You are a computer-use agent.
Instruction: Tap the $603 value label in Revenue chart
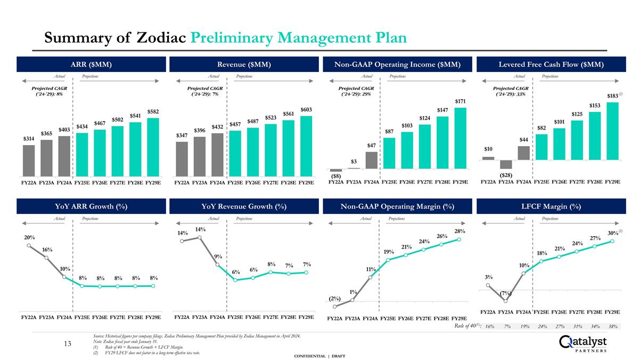tap(306, 109)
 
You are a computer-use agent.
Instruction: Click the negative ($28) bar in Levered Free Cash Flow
tap(506, 164)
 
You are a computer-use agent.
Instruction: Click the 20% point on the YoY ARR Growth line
tap(29, 246)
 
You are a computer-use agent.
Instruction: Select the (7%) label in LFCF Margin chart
tap(506, 293)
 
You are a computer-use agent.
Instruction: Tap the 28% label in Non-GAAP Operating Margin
tap(460, 231)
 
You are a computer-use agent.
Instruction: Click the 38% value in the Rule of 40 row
tap(612, 326)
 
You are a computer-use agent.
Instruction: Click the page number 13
tap(68, 343)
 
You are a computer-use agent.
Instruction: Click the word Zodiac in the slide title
tap(160, 38)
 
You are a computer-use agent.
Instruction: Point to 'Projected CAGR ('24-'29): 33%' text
tap(511, 91)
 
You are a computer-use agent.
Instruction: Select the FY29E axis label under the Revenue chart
tap(306, 182)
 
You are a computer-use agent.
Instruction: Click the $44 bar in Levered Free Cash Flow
tap(524, 153)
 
